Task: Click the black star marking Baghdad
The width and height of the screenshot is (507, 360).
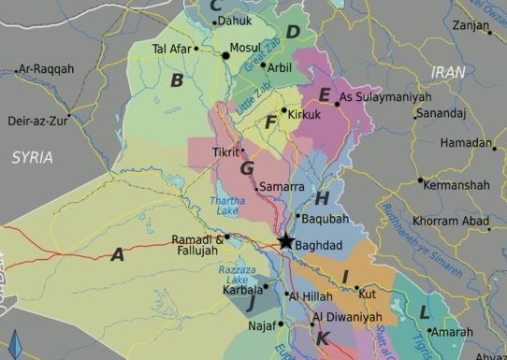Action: point(285,242)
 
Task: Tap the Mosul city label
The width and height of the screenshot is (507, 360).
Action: point(245,47)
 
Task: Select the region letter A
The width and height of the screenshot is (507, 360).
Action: point(117,253)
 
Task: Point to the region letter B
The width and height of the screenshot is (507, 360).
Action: point(176,80)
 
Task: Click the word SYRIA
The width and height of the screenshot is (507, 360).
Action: point(32,157)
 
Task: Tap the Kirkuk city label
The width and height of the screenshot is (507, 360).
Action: point(305,114)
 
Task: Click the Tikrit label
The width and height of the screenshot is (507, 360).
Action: point(226,151)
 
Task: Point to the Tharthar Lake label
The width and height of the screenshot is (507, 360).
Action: point(227,206)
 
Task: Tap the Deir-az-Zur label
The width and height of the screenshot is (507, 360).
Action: point(37,121)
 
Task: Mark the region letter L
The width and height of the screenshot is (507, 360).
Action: point(424,311)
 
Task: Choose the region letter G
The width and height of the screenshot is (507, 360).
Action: point(247,168)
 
